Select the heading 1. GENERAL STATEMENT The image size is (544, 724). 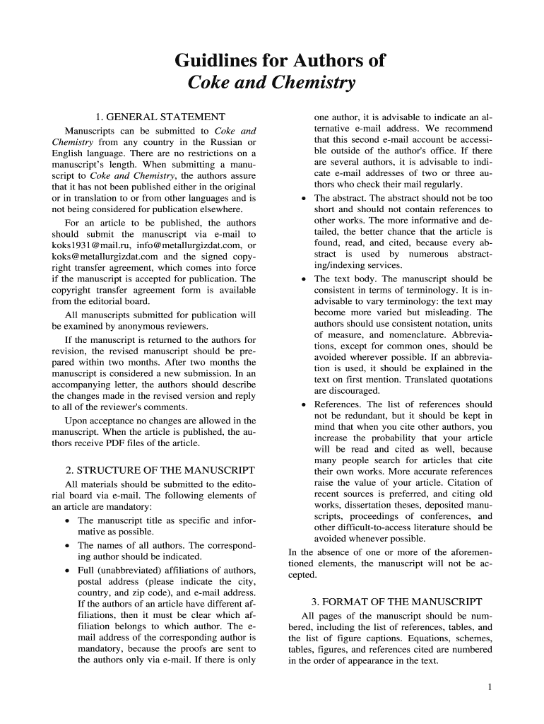click(160, 117)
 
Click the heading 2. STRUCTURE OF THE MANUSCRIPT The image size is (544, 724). click(160, 469)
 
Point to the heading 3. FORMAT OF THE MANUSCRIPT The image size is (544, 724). click(397, 602)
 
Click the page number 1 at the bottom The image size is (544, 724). click(490, 687)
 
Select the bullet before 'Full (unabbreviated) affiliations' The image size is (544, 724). click(66, 570)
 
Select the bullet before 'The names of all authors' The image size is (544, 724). click(66, 546)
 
